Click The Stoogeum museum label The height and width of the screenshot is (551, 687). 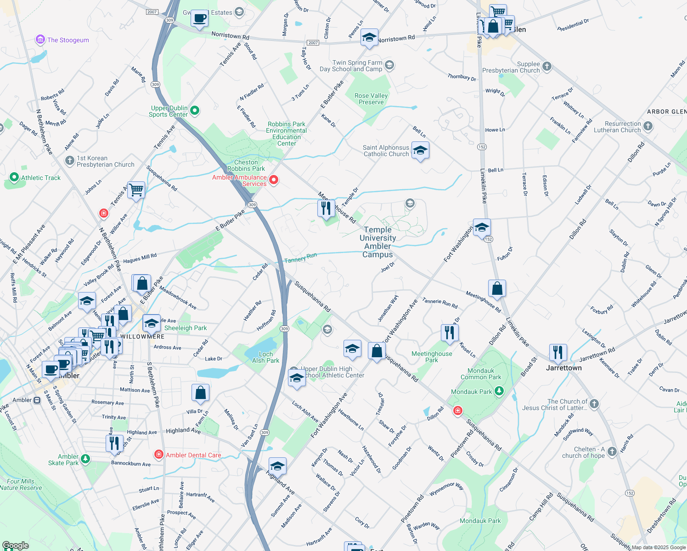[68, 40]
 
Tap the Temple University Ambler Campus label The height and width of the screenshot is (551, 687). [377, 242]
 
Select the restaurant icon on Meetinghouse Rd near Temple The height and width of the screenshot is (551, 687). [326, 208]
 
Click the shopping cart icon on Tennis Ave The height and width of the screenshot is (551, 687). [136, 190]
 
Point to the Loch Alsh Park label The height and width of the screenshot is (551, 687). [265, 357]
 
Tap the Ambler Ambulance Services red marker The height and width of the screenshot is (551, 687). [274, 180]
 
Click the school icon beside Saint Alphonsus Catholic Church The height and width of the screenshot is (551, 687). [420, 150]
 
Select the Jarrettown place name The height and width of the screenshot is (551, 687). [563, 368]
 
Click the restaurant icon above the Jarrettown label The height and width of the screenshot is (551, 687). [558, 353]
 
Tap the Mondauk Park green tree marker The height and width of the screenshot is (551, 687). [499, 391]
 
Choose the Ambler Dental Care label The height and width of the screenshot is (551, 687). [193, 455]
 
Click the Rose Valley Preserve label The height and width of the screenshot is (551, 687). [371, 99]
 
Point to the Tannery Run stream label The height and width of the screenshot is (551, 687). [300, 258]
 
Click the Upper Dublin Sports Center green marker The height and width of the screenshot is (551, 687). [195, 110]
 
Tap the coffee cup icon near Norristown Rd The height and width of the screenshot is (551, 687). [199, 19]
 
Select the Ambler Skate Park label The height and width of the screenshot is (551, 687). [63, 460]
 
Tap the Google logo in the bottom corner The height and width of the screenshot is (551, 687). [15, 545]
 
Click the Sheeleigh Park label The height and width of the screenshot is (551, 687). [186, 328]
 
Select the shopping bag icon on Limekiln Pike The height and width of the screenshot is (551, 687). [497, 289]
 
